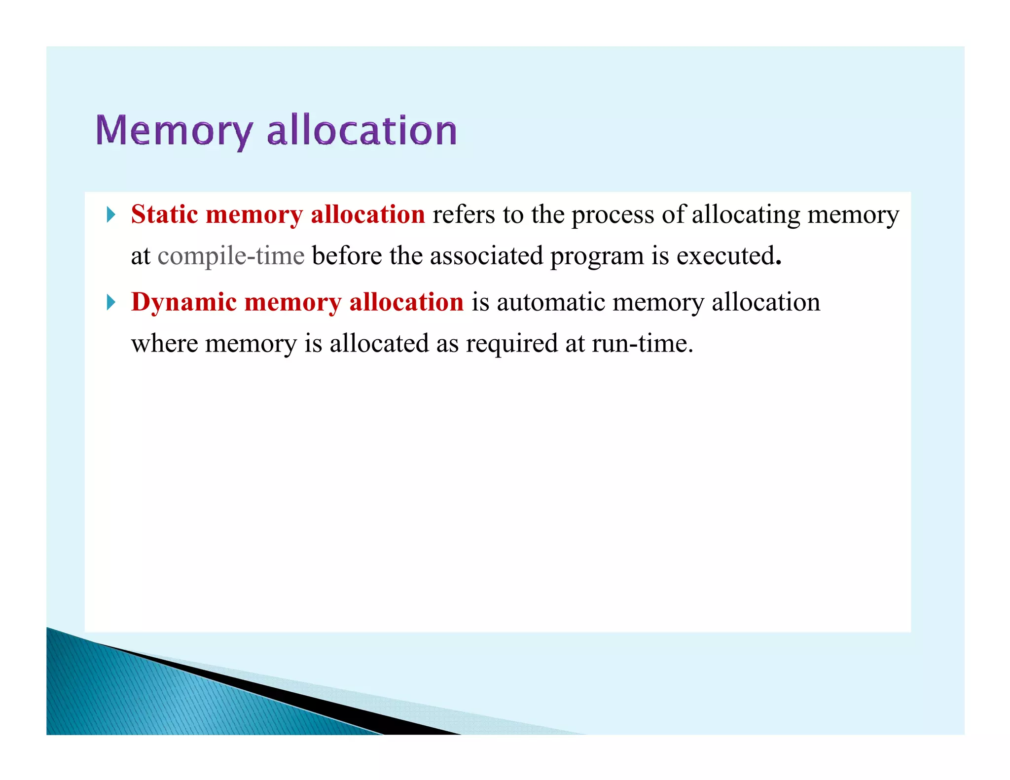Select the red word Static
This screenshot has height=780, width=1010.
[x=165, y=214]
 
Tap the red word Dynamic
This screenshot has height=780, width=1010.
[x=184, y=302]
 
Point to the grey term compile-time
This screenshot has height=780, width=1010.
[x=231, y=256]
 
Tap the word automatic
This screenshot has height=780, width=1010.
[x=551, y=302]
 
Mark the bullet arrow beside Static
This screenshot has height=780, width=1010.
[x=111, y=214]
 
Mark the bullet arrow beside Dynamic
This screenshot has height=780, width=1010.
[x=111, y=302]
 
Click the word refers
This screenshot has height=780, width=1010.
[x=464, y=214]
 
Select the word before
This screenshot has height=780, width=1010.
[x=347, y=256]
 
